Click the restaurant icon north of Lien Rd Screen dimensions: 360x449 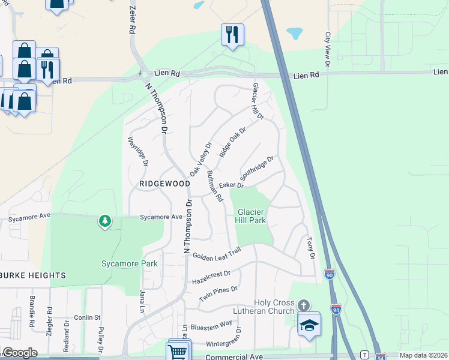[x=232, y=34]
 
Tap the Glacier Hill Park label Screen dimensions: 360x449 [x=251, y=216]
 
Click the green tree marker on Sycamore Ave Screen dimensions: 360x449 [x=105, y=221]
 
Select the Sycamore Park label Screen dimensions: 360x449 [x=129, y=263]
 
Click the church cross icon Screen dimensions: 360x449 [x=304, y=305]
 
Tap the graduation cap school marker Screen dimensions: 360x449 [x=310, y=325]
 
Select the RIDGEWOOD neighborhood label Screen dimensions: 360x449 [x=160, y=184]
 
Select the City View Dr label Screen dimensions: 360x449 [x=328, y=49]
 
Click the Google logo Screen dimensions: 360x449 [x=20, y=353]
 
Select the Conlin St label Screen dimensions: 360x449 [x=86, y=317]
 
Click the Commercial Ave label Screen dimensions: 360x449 [x=234, y=356]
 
